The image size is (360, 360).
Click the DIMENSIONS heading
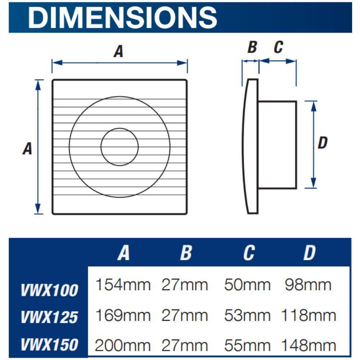click(x=123, y=17)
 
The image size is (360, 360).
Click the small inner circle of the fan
click(x=120, y=147)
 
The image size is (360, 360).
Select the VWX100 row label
click(x=49, y=290)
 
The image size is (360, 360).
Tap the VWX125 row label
click(x=49, y=317)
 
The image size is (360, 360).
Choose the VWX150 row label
click(x=49, y=345)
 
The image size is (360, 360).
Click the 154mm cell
click(x=123, y=285)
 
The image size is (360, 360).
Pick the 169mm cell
click(x=123, y=316)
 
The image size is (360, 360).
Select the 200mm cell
click(x=123, y=346)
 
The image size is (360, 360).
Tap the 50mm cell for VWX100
click(x=247, y=285)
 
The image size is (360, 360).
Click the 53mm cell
click(x=247, y=316)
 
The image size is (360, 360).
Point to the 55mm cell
click(x=247, y=346)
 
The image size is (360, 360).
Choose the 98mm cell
click(x=308, y=285)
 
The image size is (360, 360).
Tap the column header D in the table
click(x=309, y=253)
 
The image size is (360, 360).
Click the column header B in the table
click(x=186, y=253)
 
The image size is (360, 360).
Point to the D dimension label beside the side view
click(x=323, y=143)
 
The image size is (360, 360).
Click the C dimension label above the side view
click(x=278, y=47)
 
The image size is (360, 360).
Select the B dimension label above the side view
click(x=252, y=47)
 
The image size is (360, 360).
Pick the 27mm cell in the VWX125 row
click(x=185, y=316)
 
